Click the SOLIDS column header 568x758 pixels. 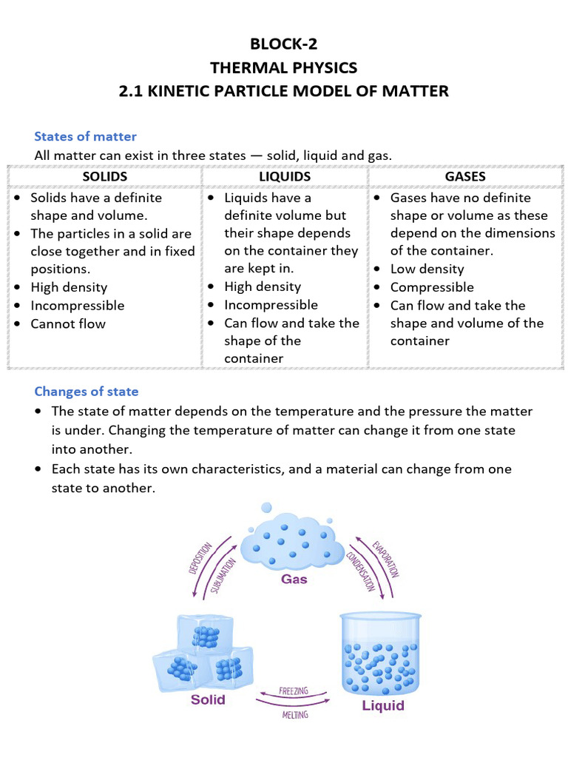coord(105,176)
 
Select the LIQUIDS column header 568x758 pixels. coord(285,176)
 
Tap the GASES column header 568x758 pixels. coord(465,176)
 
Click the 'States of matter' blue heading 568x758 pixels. coord(85,136)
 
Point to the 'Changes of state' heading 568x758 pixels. coord(87,391)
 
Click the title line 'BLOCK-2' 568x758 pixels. coord(284,45)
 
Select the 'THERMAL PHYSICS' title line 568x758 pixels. coord(284,68)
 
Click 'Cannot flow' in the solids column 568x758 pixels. coord(68,323)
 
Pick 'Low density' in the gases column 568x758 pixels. coord(427,269)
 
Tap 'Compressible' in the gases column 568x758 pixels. coord(432,287)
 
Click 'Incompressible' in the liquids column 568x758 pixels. coord(271,305)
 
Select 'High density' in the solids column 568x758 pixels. coord(69,287)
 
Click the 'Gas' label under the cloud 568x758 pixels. coord(294,579)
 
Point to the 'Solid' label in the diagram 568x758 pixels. coord(208,699)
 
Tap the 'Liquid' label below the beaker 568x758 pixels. coord(383,705)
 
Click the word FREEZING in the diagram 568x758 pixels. coord(294,691)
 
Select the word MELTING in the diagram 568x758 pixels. coord(294,715)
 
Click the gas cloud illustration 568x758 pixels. coord(292,538)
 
